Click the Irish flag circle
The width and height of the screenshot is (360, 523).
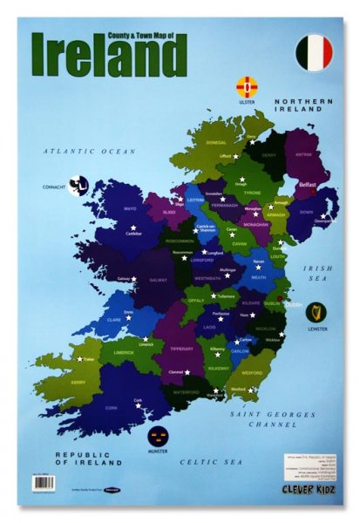tap(314, 54)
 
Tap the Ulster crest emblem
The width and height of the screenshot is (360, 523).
tap(247, 87)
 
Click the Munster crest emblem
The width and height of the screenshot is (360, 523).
tap(158, 436)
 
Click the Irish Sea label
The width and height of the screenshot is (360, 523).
tap(318, 274)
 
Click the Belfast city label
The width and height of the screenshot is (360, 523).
tap(308, 185)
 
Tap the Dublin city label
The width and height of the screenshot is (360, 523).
tap(295, 304)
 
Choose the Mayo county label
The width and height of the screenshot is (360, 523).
tap(131, 209)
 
